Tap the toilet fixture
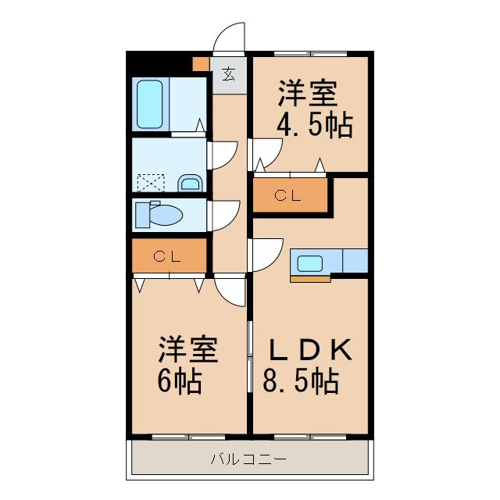click(x=159, y=213)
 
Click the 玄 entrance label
click(x=229, y=75)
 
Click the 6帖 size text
click(x=177, y=382)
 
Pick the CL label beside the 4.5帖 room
click(x=287, y=197)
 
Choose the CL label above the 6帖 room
click(x=167, y=255)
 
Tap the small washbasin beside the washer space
click(x=190, y=184)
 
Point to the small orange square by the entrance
click(x=202, y=66)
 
